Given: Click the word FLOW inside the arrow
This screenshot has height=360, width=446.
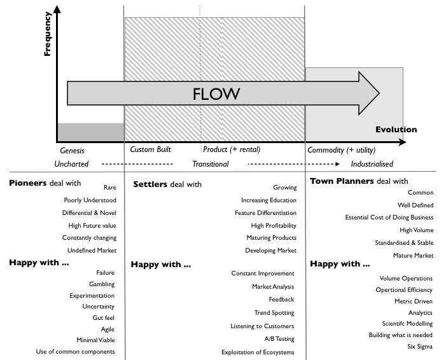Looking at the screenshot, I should [216, 94].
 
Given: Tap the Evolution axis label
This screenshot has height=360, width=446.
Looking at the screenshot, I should [396, 130].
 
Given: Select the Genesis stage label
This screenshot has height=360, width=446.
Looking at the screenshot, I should [72, 151].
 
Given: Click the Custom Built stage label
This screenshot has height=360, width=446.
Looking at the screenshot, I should [150, 150].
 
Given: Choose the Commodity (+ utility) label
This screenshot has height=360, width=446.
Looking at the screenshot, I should [342, 150].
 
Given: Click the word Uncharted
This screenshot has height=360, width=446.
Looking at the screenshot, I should [71, 163].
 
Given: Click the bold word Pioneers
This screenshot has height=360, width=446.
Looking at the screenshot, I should [28, 183].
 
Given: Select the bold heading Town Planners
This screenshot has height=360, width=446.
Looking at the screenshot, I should [342, 181].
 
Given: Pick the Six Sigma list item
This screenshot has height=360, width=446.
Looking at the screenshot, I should [420, 347].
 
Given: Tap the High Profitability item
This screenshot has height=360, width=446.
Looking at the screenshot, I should [274, 226].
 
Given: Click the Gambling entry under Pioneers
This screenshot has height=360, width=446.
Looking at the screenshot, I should [101, 284].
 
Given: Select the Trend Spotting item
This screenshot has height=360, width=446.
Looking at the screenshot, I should [274, 313].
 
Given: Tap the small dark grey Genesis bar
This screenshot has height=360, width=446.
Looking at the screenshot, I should [90, 132].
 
